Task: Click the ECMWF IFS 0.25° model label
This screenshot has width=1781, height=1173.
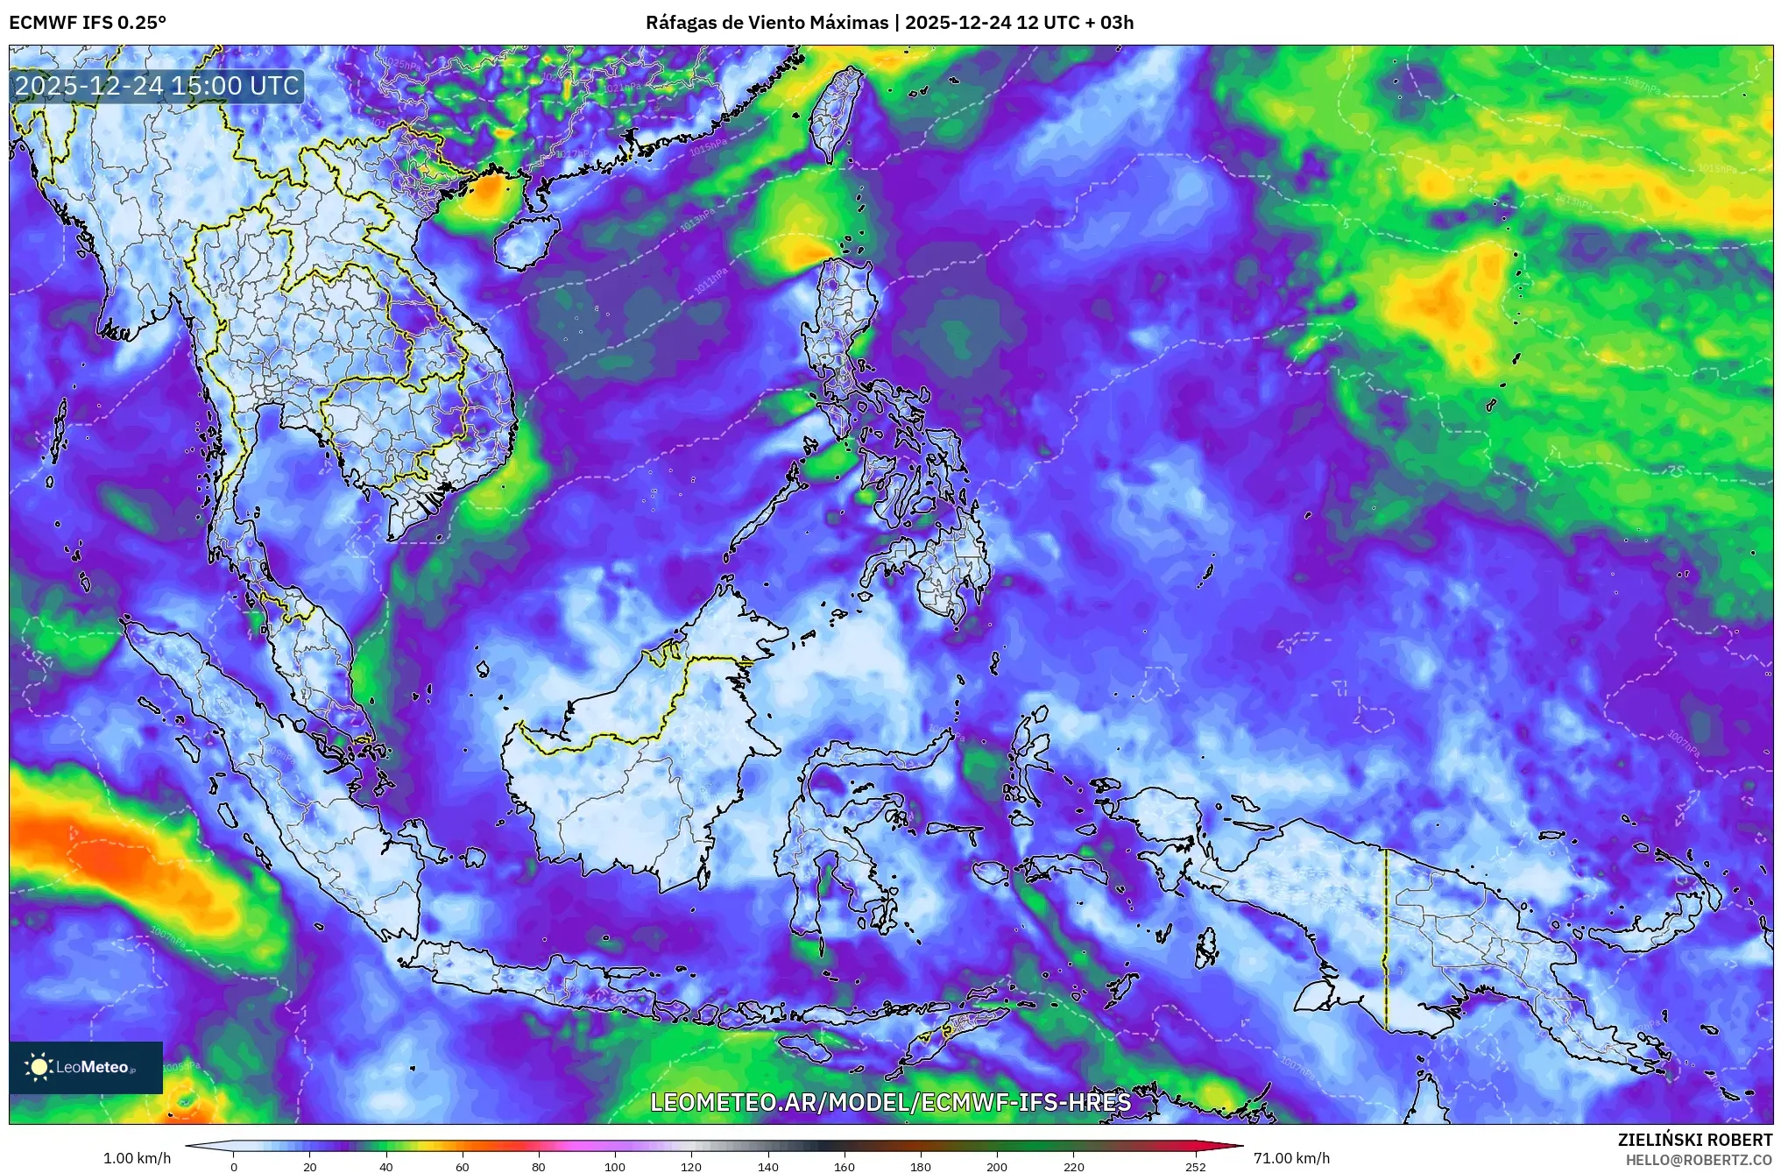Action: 88,23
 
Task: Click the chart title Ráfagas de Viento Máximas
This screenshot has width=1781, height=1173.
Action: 767,23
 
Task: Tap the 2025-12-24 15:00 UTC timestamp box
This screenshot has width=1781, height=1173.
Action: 158,86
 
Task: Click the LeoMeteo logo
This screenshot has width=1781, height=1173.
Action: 86,1067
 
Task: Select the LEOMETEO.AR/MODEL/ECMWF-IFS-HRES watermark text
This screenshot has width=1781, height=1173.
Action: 890,1102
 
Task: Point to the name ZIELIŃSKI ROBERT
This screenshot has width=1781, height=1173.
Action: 1694,1140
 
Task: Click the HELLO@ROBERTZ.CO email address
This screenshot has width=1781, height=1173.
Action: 1699,1160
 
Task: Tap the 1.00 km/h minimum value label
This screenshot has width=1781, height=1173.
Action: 137,1158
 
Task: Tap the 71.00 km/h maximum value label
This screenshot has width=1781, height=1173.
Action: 1291,1158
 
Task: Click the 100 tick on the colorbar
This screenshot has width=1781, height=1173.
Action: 615,1166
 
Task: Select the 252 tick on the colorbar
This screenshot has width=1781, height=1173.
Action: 1196,1166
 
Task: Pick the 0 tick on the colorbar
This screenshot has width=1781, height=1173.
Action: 234,1166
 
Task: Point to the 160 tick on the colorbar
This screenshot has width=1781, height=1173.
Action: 845,1166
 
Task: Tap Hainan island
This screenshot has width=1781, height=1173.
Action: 526,242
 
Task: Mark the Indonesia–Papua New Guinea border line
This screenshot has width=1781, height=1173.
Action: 1386,937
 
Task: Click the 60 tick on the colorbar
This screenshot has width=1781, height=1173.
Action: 463,1166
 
